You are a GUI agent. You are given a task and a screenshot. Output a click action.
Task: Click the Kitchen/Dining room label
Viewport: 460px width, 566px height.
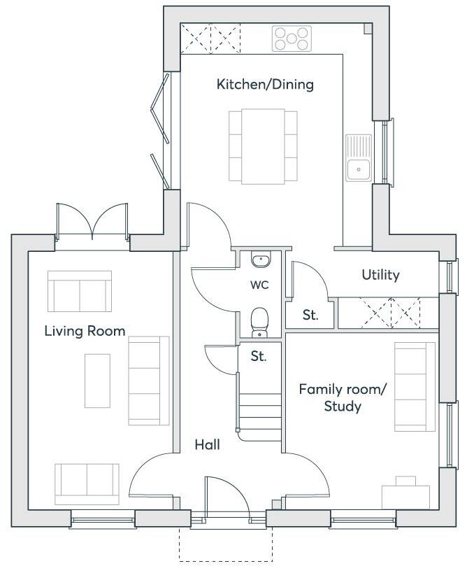(x=265, y=85)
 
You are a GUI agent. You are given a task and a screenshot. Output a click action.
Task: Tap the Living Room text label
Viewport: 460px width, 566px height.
(x=85, y=331)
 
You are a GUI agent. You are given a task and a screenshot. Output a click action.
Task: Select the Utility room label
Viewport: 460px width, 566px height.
(x=380, y=275)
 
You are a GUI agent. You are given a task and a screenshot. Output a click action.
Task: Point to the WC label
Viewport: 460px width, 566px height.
(x=259, y=285)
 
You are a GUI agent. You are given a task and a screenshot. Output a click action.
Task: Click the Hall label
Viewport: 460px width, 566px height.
(x=208, y=444)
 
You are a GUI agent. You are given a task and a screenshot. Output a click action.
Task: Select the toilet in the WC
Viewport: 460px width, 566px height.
(x=260, y=321)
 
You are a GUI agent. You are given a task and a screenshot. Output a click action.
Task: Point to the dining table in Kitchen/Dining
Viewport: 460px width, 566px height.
(x=257, y=145)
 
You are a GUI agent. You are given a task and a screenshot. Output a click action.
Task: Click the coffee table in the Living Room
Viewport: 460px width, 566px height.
(x=97, y=380)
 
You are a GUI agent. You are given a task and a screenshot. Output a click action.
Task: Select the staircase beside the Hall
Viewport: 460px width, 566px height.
(x=260, y=405)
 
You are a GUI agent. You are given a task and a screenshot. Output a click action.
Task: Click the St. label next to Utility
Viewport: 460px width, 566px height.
(x=310, y=315)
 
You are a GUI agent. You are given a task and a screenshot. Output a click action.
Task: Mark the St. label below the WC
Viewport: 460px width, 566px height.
(x=259, y=356)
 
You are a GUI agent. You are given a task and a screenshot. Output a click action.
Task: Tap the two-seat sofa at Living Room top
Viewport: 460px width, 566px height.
(x=79, y=292)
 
